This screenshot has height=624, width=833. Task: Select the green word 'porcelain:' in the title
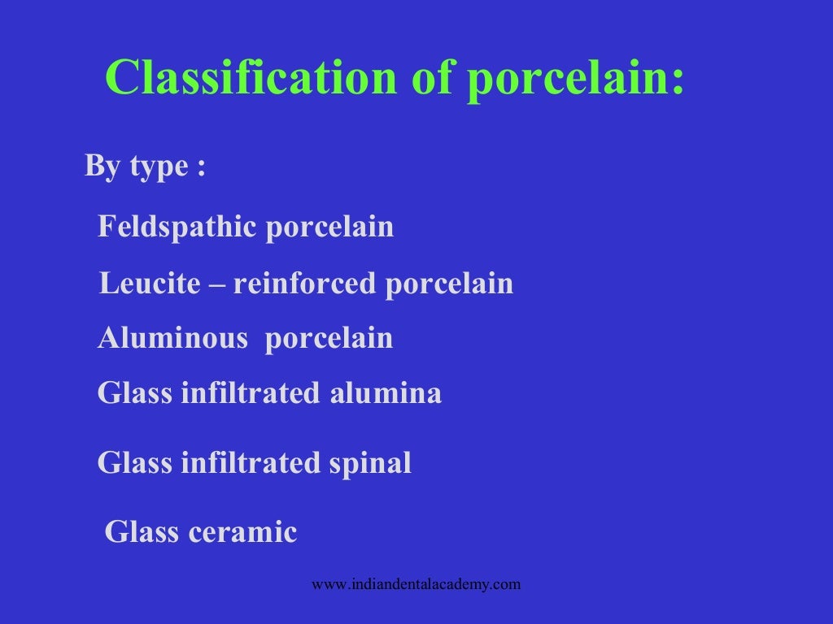[576, 80]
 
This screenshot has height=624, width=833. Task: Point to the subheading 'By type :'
[145, 167]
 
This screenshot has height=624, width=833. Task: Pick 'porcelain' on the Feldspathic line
[329, 227]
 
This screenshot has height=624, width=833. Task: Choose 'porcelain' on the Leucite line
[449, 284]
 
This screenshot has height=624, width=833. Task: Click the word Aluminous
[172, 338]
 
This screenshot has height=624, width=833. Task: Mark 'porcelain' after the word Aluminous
[329, 338]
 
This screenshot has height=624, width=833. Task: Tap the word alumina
[386, 393]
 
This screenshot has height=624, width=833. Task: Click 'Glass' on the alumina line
[135, 393]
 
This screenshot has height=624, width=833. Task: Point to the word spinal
[370, 463]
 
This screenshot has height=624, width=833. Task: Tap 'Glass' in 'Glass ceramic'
[142, 533]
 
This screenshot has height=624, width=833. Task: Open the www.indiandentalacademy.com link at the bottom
[416, 584]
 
